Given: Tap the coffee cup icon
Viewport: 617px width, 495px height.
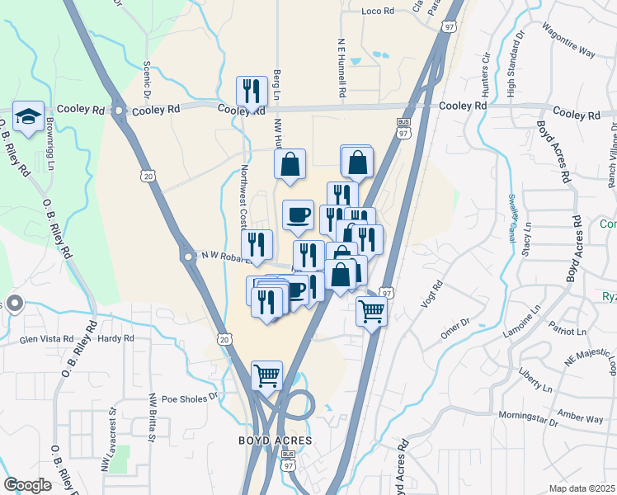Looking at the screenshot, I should tap(298, 215).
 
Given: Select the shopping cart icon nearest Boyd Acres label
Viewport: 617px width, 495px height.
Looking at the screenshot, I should tap(267, 376).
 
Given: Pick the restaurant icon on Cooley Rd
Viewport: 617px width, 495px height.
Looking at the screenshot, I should tap(250, 92).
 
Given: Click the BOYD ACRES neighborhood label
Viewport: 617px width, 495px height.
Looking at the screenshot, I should tap(274, 441).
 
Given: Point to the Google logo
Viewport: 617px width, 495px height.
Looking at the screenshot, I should tap(28, 485).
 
